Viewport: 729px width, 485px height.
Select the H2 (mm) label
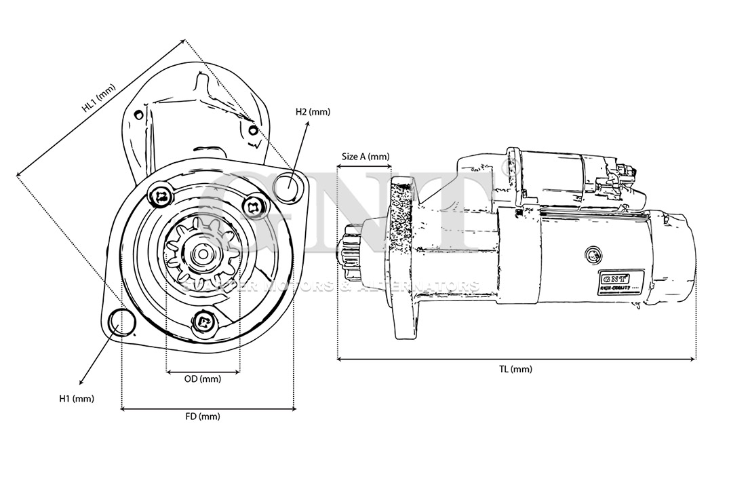click(313, 112)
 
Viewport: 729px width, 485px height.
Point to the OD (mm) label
click(203, 379)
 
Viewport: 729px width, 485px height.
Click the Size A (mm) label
click(366, 156)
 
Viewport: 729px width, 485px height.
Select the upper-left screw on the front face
click(160, 197)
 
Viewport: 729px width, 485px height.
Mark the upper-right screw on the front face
click(254, 206)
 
